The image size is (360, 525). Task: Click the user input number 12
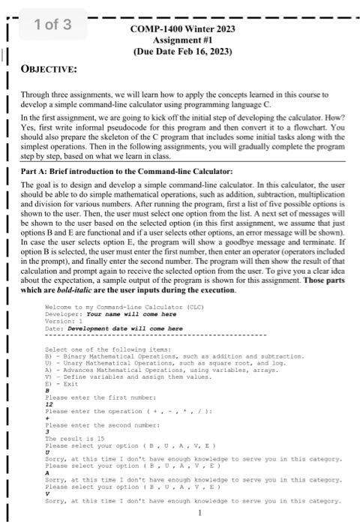coord(49,404)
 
